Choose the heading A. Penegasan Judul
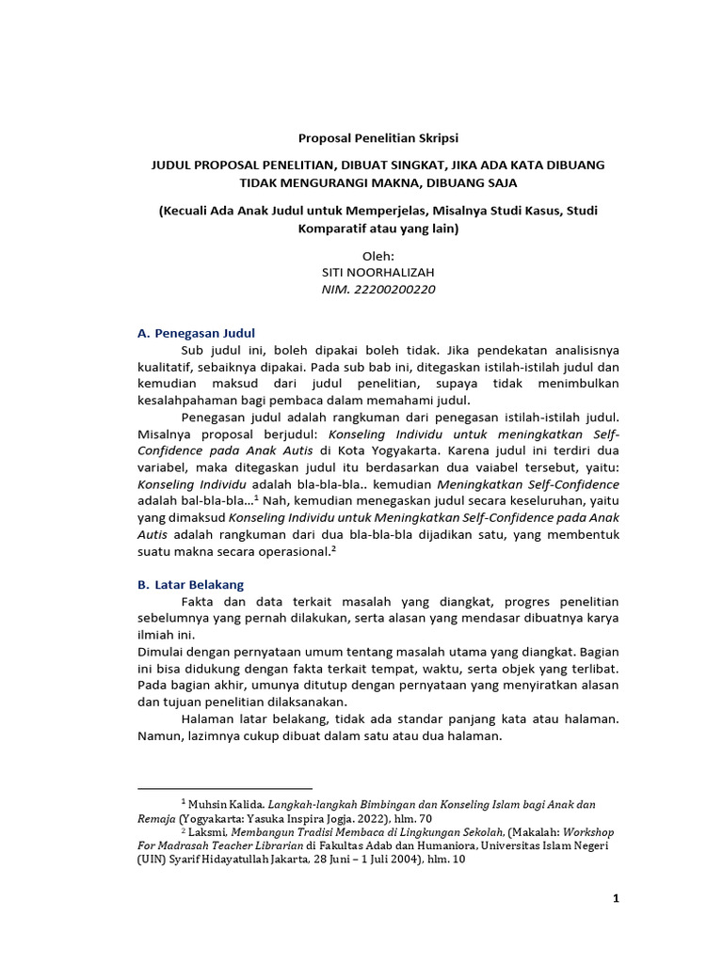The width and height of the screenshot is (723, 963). click(196, 333)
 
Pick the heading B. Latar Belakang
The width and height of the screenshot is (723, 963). click(191, 584)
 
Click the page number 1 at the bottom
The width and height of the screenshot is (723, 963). click(616, 898)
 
